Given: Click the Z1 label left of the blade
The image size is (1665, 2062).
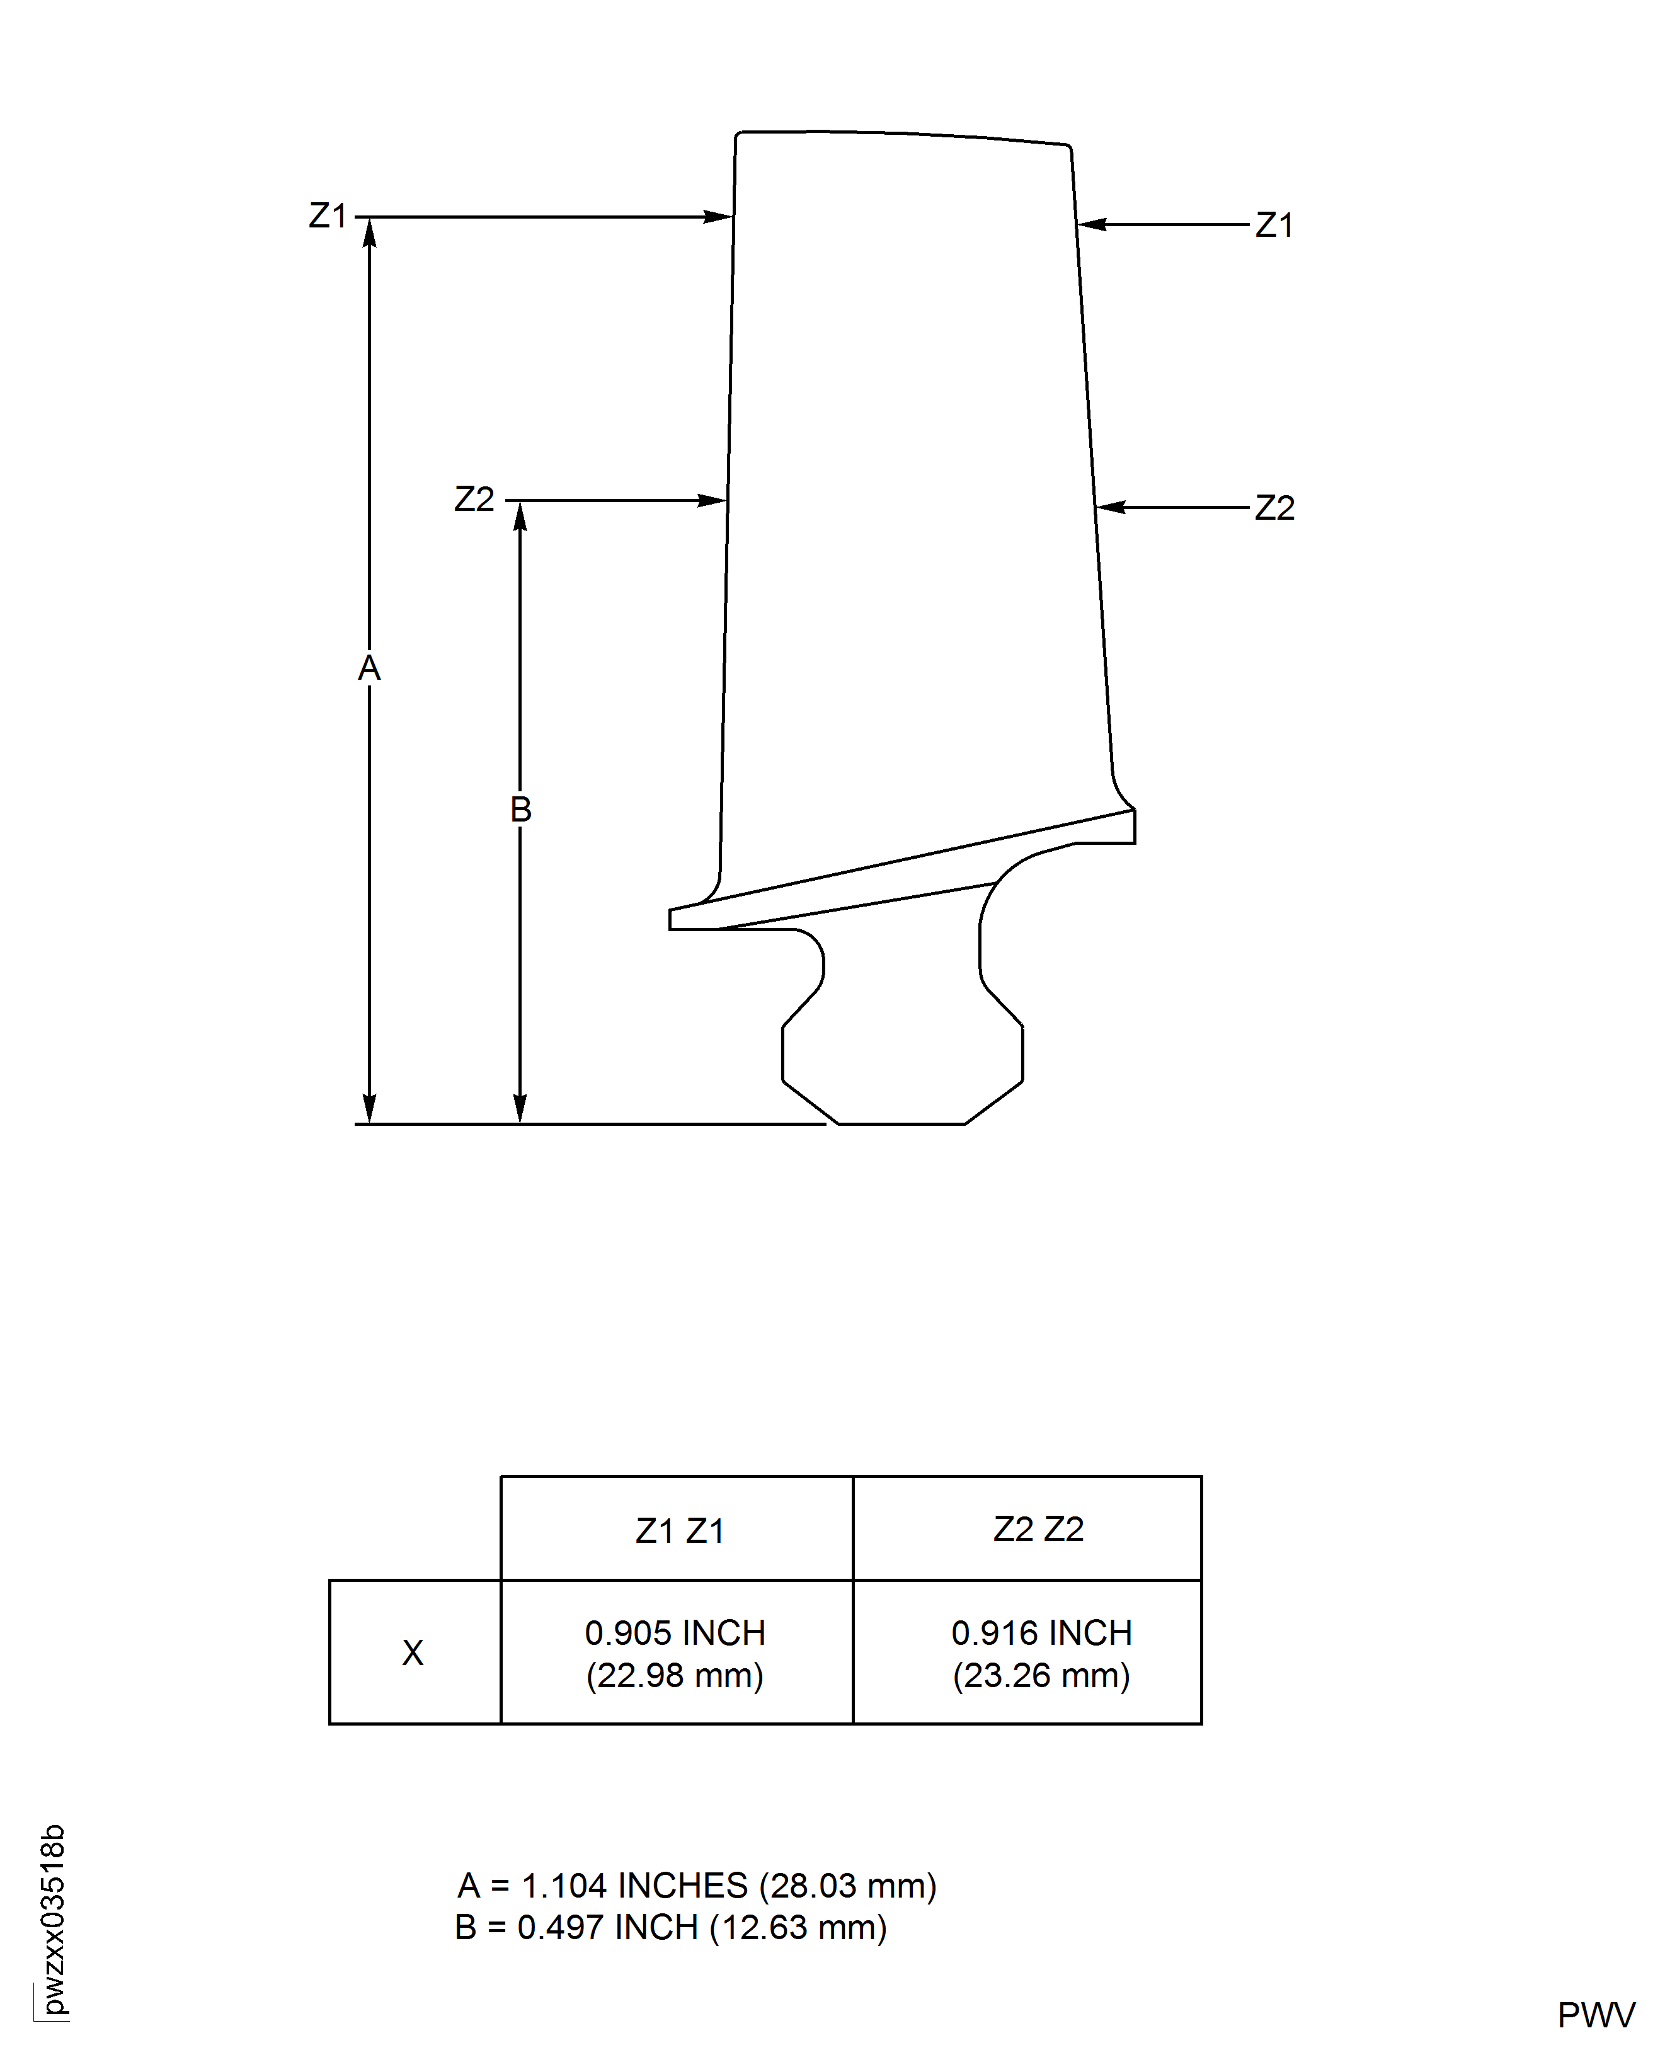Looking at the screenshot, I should pos(327,216).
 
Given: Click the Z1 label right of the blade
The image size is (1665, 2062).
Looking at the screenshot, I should pos(1274,226).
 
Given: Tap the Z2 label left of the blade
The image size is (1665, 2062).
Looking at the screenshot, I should pos(474,500).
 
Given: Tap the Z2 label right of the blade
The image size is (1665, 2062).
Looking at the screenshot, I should pos(1274,507).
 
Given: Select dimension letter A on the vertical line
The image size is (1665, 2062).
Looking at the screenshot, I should pos(369,668).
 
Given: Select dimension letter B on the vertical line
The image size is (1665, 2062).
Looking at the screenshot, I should pos(520,810).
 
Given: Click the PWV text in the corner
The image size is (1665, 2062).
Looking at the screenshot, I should pos(1595,2015).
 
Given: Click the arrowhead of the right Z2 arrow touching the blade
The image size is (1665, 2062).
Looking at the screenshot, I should pos(1109,507).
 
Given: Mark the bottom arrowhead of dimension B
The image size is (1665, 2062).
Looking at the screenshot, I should pos(520,1111).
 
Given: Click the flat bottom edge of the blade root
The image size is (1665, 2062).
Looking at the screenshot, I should pos(901,1123).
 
